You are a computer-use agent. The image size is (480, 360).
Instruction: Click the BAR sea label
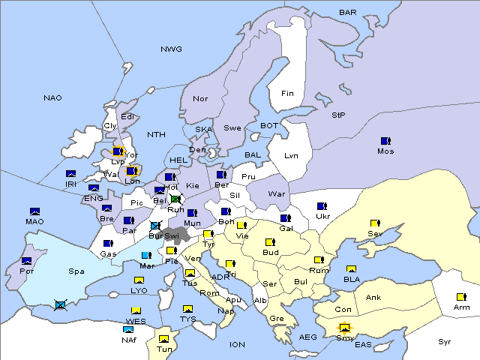(x=348, y=12)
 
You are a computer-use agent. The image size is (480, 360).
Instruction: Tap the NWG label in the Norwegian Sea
(x=171, y=49)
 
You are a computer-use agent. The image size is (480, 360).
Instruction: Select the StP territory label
(x=338, y=115)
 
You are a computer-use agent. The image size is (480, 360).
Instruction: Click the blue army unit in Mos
(x=385, y=140)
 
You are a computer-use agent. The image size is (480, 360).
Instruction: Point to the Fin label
(x=287, y=94)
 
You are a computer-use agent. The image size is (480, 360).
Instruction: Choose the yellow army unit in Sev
(x=375, y=223)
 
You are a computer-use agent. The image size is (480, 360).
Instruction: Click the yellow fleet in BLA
(x=351, y=268)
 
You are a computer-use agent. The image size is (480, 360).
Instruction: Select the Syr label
(x=445, y=341)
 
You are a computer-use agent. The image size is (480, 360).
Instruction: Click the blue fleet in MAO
(x=34, y=211)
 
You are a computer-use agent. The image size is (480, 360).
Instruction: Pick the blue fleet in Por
(x=27, y=260)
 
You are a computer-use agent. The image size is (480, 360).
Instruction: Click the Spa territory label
(x=76, y=271)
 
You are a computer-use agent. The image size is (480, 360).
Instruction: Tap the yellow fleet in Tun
(x=163, y=339)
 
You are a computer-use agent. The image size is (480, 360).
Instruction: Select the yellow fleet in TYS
(x=187, y=308)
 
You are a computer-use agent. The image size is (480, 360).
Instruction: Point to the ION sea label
(x=237, y=344)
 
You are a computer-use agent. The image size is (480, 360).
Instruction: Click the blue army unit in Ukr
(x=322, y=205)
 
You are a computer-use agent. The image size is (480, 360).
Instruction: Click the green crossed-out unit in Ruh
(x=175, y=199)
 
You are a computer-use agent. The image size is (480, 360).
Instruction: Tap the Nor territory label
(x=200, y=98)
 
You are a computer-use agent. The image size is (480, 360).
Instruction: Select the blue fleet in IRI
(x=70, y=174)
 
